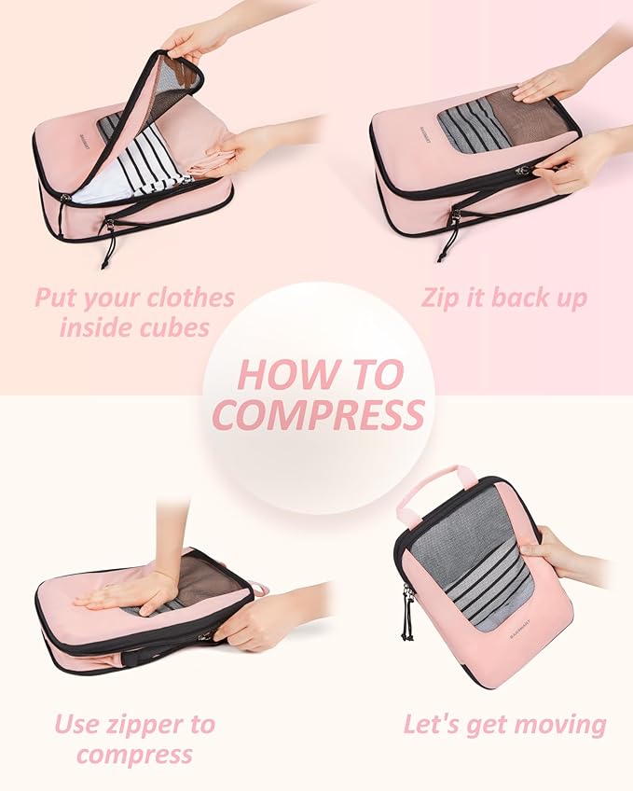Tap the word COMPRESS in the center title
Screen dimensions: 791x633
(318, 414)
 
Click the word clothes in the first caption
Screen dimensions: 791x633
(182, 298)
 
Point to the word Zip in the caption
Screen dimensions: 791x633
(443, 298)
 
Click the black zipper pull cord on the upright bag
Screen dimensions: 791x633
(408, 617)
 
